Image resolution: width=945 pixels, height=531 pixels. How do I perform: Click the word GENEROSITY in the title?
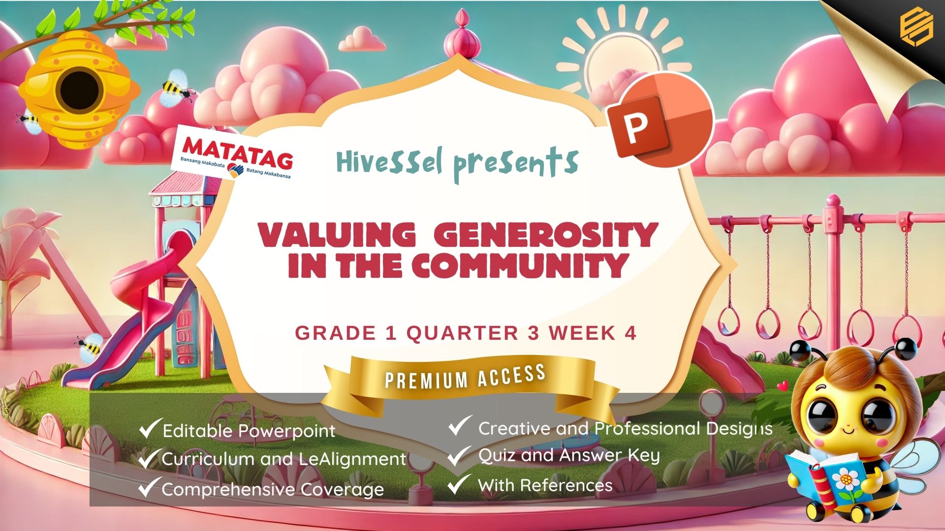pyautogui.click(x=546, y=235)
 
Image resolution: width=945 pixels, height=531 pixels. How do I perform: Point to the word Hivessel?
pyautogui.click(x=390, y=162)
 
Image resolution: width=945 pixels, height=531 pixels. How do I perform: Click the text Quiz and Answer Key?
pyautogui.click(x=568, y=455)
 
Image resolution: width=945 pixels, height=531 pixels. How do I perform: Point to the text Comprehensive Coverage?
pyautogui.click(x=273, y=489)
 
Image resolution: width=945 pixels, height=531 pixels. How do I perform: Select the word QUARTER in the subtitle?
pyautogui.click(x=462, y=333)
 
